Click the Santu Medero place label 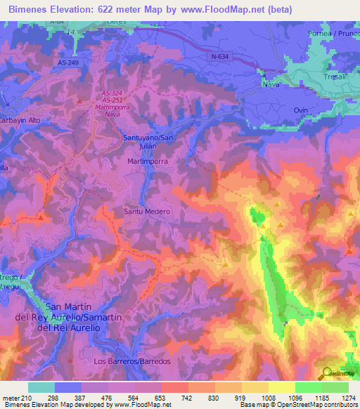pos(148,211)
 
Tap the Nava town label pos(272,84)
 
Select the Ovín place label pos(302,110)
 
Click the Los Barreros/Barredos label pos(132,361)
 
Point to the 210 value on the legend pos(20,398)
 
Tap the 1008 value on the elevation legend pos(269,398)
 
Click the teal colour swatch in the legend pos(41,387)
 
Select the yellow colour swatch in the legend pos(282,387)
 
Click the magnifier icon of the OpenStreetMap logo pos(326,372)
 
